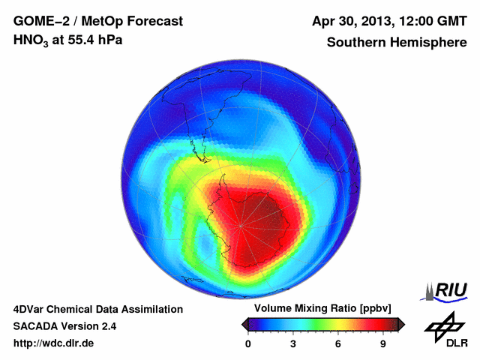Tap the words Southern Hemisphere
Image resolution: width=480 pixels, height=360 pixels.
(397, 42)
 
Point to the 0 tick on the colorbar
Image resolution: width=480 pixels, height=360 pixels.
(248, 344)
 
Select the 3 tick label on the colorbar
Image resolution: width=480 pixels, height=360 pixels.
(293, 344)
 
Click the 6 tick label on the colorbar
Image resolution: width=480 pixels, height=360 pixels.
(338, 344)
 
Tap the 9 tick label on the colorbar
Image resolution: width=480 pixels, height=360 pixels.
(382, 344)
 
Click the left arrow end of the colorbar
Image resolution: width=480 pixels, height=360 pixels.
(244, 324)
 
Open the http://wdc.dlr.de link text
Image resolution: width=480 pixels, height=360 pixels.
(54, 343)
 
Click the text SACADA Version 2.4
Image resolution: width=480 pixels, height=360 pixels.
(64, 326)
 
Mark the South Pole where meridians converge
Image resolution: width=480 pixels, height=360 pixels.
(241, 225)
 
